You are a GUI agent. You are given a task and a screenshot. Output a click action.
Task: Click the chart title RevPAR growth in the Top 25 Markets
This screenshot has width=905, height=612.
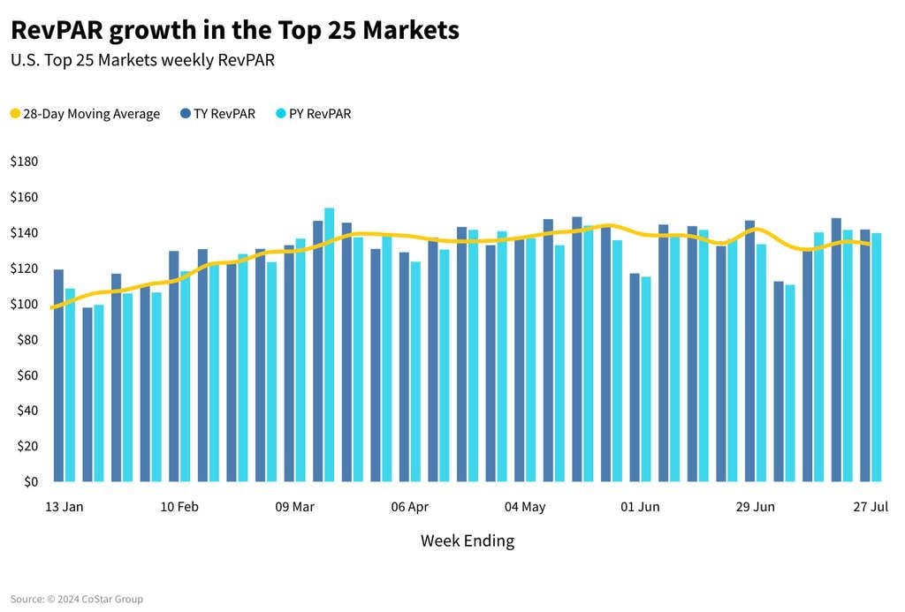tap(234, 30)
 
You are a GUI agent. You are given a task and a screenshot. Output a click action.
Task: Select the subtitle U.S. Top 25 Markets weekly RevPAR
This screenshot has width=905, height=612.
tap(148, 61)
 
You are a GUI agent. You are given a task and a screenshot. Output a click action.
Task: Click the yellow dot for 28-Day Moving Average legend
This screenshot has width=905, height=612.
tap(15, 114)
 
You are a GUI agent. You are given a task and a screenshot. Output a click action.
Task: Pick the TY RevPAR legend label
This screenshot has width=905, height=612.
tap(224, 114)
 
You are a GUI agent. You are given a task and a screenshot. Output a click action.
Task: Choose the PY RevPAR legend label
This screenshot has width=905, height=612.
tap(320, 114)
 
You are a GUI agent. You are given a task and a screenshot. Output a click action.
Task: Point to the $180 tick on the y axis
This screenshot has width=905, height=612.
tap(24, 162)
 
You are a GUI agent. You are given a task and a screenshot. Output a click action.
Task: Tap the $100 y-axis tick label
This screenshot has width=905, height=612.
tap(24, 304)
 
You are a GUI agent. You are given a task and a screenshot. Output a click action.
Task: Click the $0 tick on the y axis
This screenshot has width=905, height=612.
tap(31, 481)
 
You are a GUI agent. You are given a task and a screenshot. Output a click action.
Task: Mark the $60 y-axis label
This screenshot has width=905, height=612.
tap(27, 375)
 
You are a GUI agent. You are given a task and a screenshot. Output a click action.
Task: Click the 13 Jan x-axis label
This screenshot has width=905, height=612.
tap(64, 507)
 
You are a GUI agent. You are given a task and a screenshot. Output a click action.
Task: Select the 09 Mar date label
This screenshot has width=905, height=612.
tap(294, 507)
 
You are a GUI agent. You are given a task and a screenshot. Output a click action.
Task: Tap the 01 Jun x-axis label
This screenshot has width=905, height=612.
tap(640, 507)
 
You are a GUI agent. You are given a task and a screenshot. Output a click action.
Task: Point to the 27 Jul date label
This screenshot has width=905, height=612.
tap(871, 507)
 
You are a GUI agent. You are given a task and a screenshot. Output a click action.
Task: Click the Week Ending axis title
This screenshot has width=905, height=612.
tap(467, 540)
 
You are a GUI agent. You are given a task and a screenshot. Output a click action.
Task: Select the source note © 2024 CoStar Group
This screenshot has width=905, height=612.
tap(76, 600)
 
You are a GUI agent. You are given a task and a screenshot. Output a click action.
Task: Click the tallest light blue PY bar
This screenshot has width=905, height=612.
tap(329, 344)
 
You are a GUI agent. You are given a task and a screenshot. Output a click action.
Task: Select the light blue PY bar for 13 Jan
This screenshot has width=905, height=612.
tap(70, 385)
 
